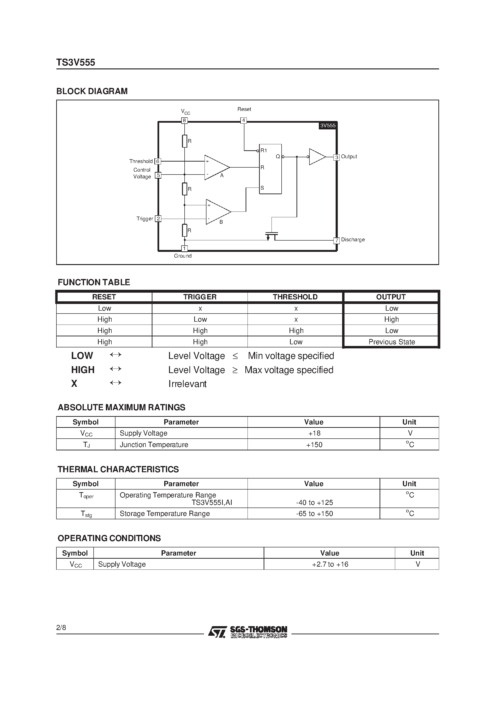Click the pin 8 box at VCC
(184, 121)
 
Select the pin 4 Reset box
(243, 121)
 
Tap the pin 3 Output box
(336, 157)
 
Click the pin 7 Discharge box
(336, 241)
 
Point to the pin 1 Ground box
(184, 248)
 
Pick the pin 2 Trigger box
(158, 219)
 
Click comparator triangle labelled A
(216, 167)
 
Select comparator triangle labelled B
(217, 212)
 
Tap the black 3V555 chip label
(328, 126)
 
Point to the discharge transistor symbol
(272, 236)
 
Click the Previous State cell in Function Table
(391, 342)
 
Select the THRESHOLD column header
(295, 297)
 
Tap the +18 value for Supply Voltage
(314, 433)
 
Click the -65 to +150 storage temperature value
(314, 514)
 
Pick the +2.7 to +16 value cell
(330, 564)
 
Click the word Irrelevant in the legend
(188, 384)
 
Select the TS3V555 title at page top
(76, 62)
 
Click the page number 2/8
(61, 628)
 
